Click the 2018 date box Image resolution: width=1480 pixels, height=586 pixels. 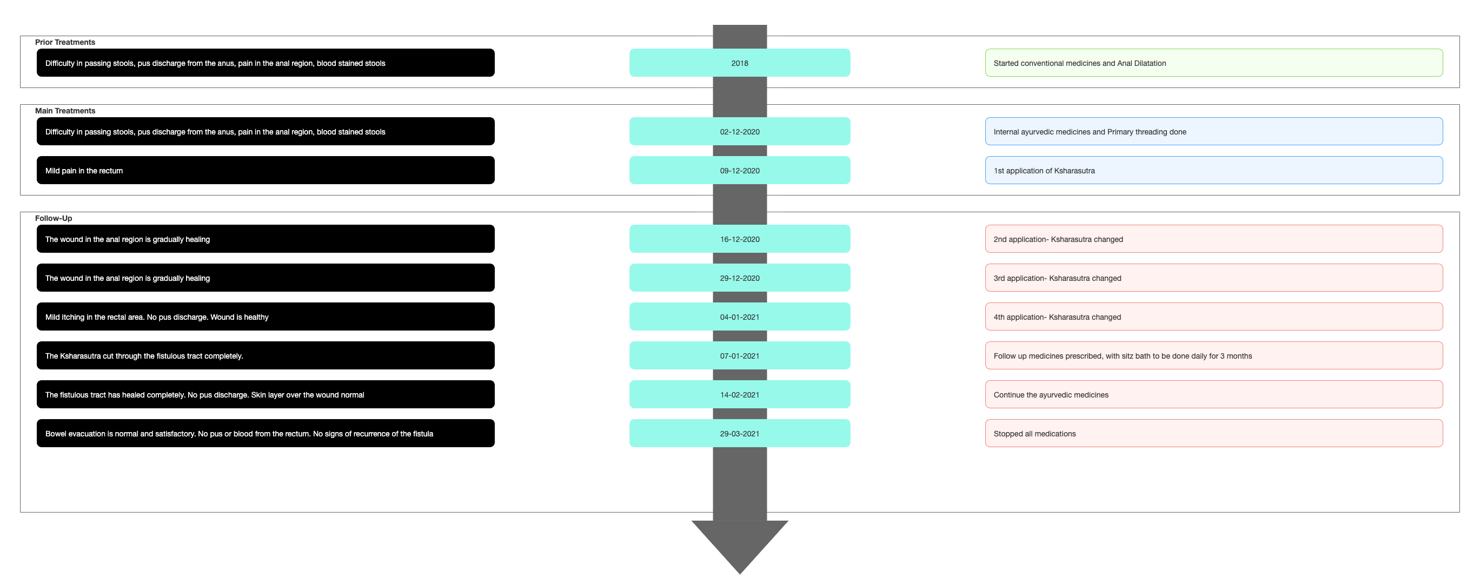tap(739, 63)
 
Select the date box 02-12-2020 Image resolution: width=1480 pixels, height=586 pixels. tap(739, 131)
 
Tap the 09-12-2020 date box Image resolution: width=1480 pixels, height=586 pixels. tap(739, 171)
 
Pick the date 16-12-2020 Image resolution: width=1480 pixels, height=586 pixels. tap(739, 239)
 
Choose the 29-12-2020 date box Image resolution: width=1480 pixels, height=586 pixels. tap(739, 278)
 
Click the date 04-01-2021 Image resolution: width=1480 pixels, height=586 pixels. tap(739, 317)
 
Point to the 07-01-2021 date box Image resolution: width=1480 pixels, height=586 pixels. tap(739, 355)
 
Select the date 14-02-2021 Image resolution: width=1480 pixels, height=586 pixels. tap(739, 394)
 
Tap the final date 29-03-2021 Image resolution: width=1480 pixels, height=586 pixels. tap(739, 433)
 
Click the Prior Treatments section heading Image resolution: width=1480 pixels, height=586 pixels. tap(65, 42)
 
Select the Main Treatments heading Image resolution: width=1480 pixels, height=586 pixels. tap(65, 111)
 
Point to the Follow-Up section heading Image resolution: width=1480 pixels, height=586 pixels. tap(54, 218)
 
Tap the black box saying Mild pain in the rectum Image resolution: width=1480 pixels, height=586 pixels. tap(266, 171)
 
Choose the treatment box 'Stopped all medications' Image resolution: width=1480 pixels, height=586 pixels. tap(1214, 433)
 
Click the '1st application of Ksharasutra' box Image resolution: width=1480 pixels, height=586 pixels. tap(1214, 171)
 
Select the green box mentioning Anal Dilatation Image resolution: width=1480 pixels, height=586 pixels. tap(1214, 63)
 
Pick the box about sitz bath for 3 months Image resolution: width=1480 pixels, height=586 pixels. tap(1214, 355)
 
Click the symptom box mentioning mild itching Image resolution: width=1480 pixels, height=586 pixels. tap(266, 317)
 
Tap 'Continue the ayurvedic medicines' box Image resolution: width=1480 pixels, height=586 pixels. tap(1214, 394)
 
